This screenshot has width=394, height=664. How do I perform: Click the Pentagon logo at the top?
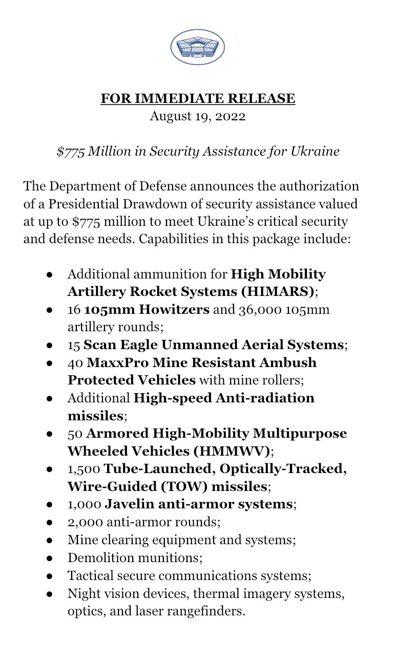coord(197,47)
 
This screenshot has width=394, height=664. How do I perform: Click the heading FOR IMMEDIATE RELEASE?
coord(197,98)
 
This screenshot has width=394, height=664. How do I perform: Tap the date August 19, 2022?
coord(197,116)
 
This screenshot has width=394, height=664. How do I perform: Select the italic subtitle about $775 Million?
coord(198,152)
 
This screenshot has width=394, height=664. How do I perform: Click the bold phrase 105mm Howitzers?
coord(147,310)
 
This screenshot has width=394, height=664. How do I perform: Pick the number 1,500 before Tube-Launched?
coord(84,468)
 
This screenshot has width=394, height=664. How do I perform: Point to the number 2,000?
coord(84,522)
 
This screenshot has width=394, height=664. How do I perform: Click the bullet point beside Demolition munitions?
coord(50,558)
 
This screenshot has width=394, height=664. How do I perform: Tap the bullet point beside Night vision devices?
coord(50,593)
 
